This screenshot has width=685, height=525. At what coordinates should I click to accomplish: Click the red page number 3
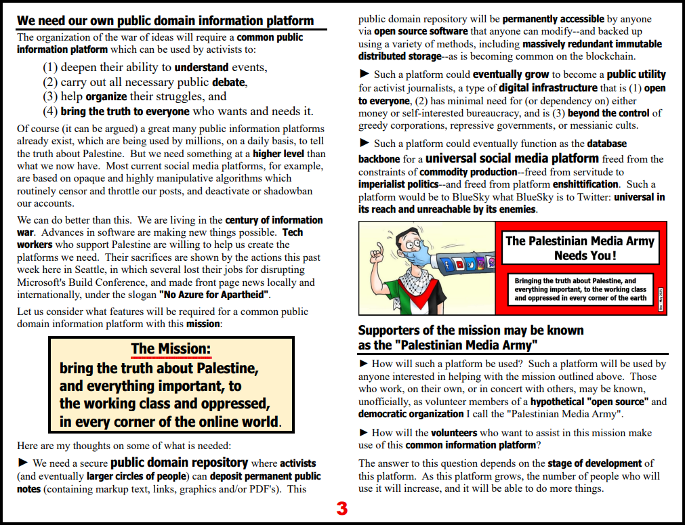[x=342, y=509]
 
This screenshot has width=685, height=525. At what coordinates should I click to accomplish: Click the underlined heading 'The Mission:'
[x=171, y=349]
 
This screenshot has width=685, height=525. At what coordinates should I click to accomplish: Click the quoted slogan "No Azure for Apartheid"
[x=214, y=295]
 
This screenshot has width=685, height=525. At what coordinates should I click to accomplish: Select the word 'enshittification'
[x=586, y=184]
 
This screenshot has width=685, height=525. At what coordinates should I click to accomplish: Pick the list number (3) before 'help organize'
[x=51, y=96]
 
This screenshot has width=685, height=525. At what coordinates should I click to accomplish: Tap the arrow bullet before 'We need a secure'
[x=23, y=463]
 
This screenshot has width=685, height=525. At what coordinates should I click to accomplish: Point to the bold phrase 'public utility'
[x=636, y=75]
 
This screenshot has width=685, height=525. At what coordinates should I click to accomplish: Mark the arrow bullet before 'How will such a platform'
[x=364, y=364]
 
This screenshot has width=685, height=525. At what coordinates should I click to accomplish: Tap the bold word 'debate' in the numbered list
[x=228, y=82]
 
